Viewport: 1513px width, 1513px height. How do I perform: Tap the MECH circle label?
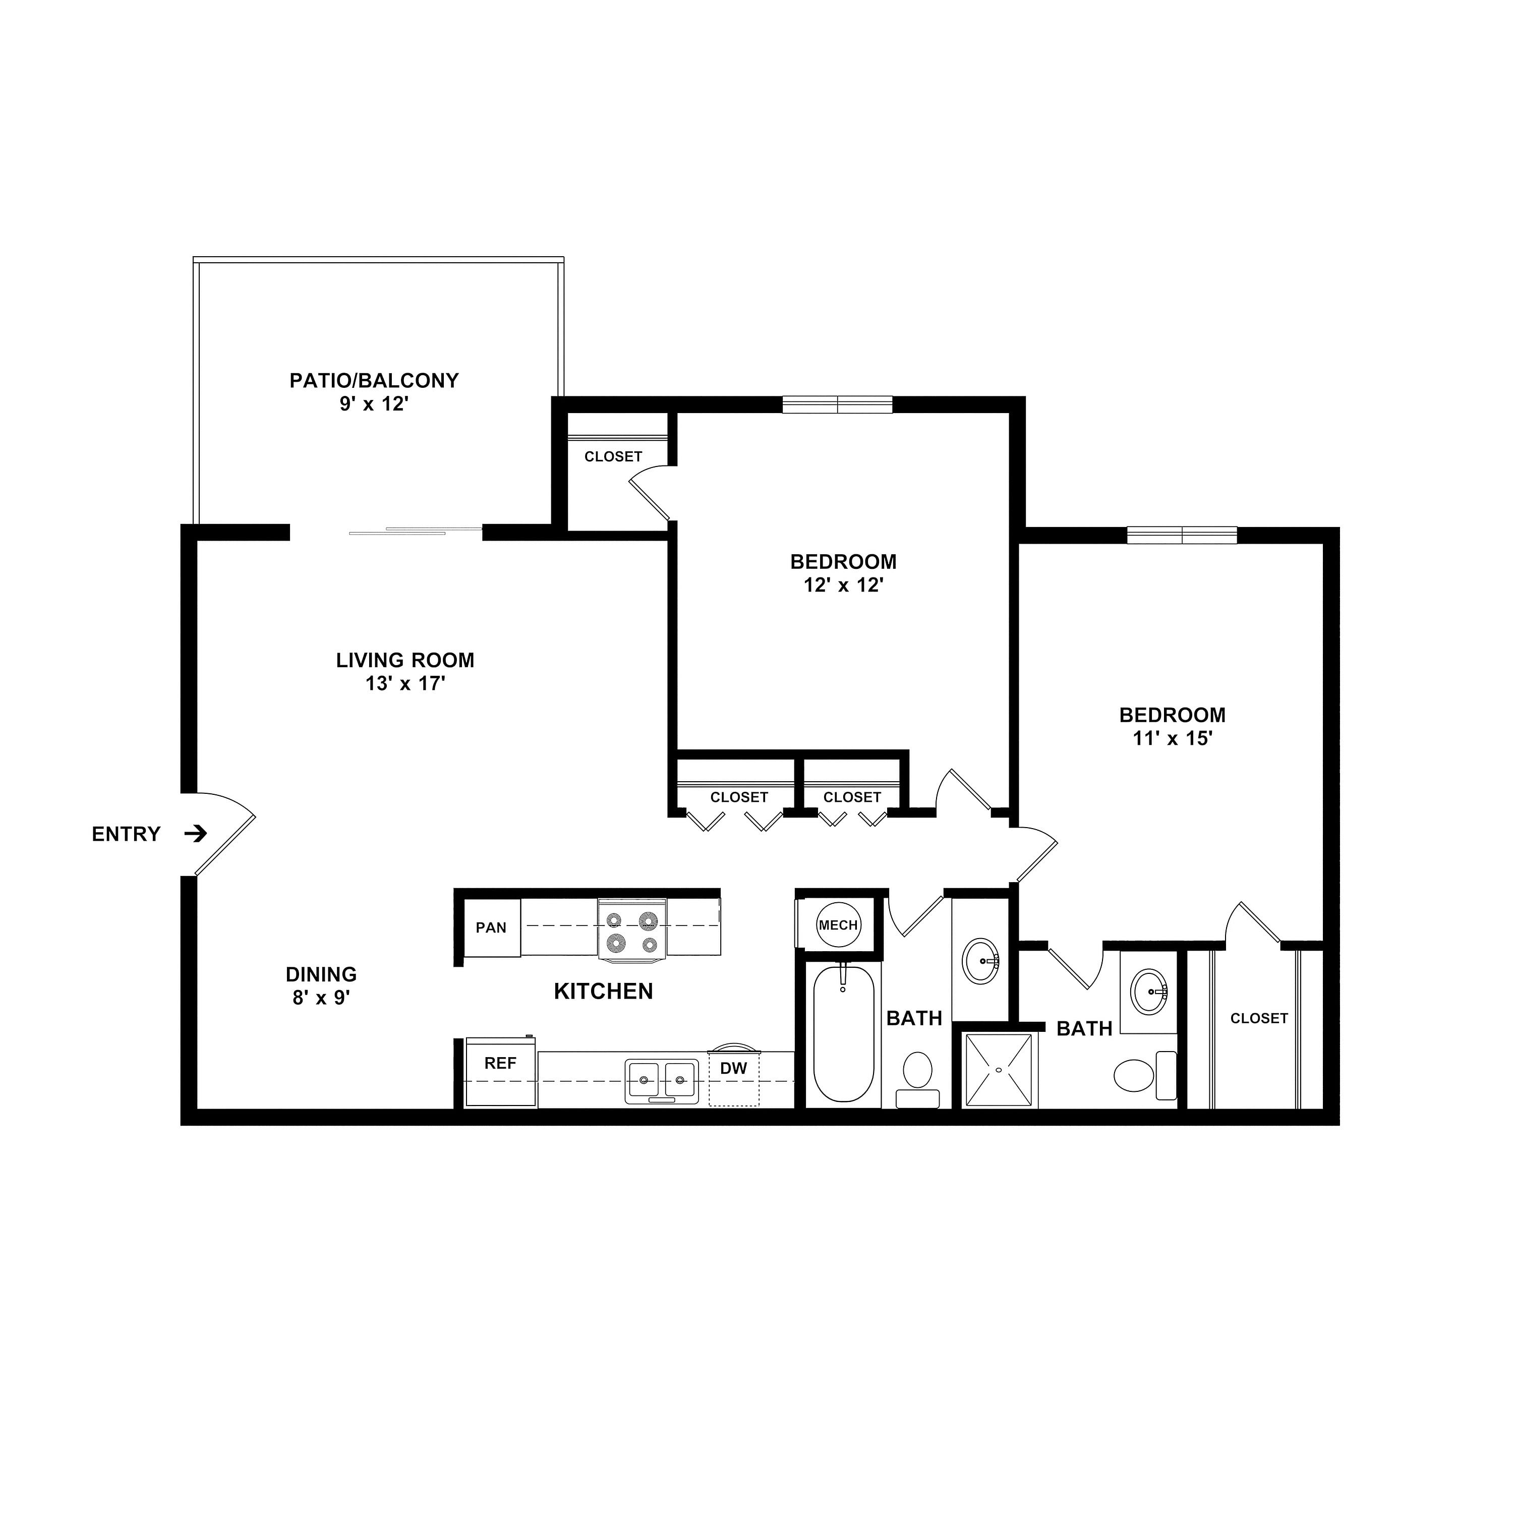(838, 925)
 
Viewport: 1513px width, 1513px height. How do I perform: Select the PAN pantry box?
(492, 927)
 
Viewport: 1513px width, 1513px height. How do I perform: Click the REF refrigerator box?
(500, 1073)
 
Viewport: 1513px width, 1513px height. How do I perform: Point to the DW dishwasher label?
(734, 1068)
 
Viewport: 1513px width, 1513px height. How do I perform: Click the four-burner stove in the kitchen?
(632, 929)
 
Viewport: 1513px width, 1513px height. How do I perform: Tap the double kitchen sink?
(662, 1081)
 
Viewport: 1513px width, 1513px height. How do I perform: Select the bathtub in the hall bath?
(843, 1034)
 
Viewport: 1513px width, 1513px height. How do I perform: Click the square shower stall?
(999, 1070)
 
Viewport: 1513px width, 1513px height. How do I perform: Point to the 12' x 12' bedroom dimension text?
(843, 585)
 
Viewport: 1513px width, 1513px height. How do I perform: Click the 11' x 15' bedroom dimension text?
(1173, 738)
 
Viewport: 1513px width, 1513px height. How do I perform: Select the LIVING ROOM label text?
(405, 660)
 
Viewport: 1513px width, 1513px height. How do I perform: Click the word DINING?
(321, 974)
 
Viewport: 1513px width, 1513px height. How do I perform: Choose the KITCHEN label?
(603, 992)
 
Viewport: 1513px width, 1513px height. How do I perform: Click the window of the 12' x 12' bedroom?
(837, 405)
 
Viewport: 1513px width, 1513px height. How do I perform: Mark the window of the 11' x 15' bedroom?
(1182, 536)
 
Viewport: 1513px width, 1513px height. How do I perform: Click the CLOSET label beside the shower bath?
(1258, 1018)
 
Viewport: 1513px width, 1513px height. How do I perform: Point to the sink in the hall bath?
(981, 960)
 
